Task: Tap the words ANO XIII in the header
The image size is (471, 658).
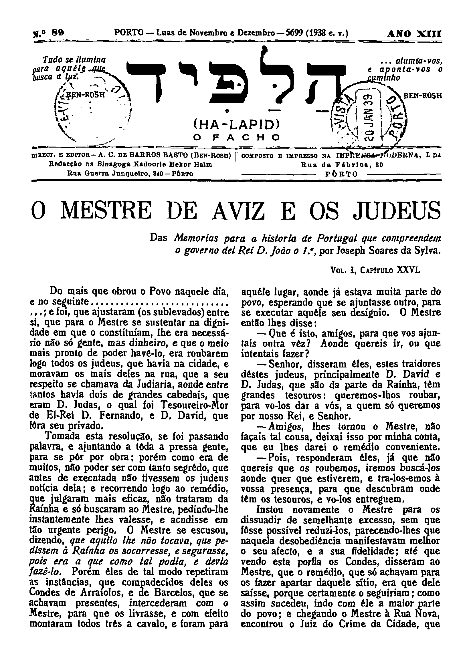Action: pos(414,33)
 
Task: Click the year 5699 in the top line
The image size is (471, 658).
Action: pos(295,33)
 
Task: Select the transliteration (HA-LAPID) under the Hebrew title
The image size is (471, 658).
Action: pos(236,124)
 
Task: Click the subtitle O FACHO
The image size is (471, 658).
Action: pos(236,137)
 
